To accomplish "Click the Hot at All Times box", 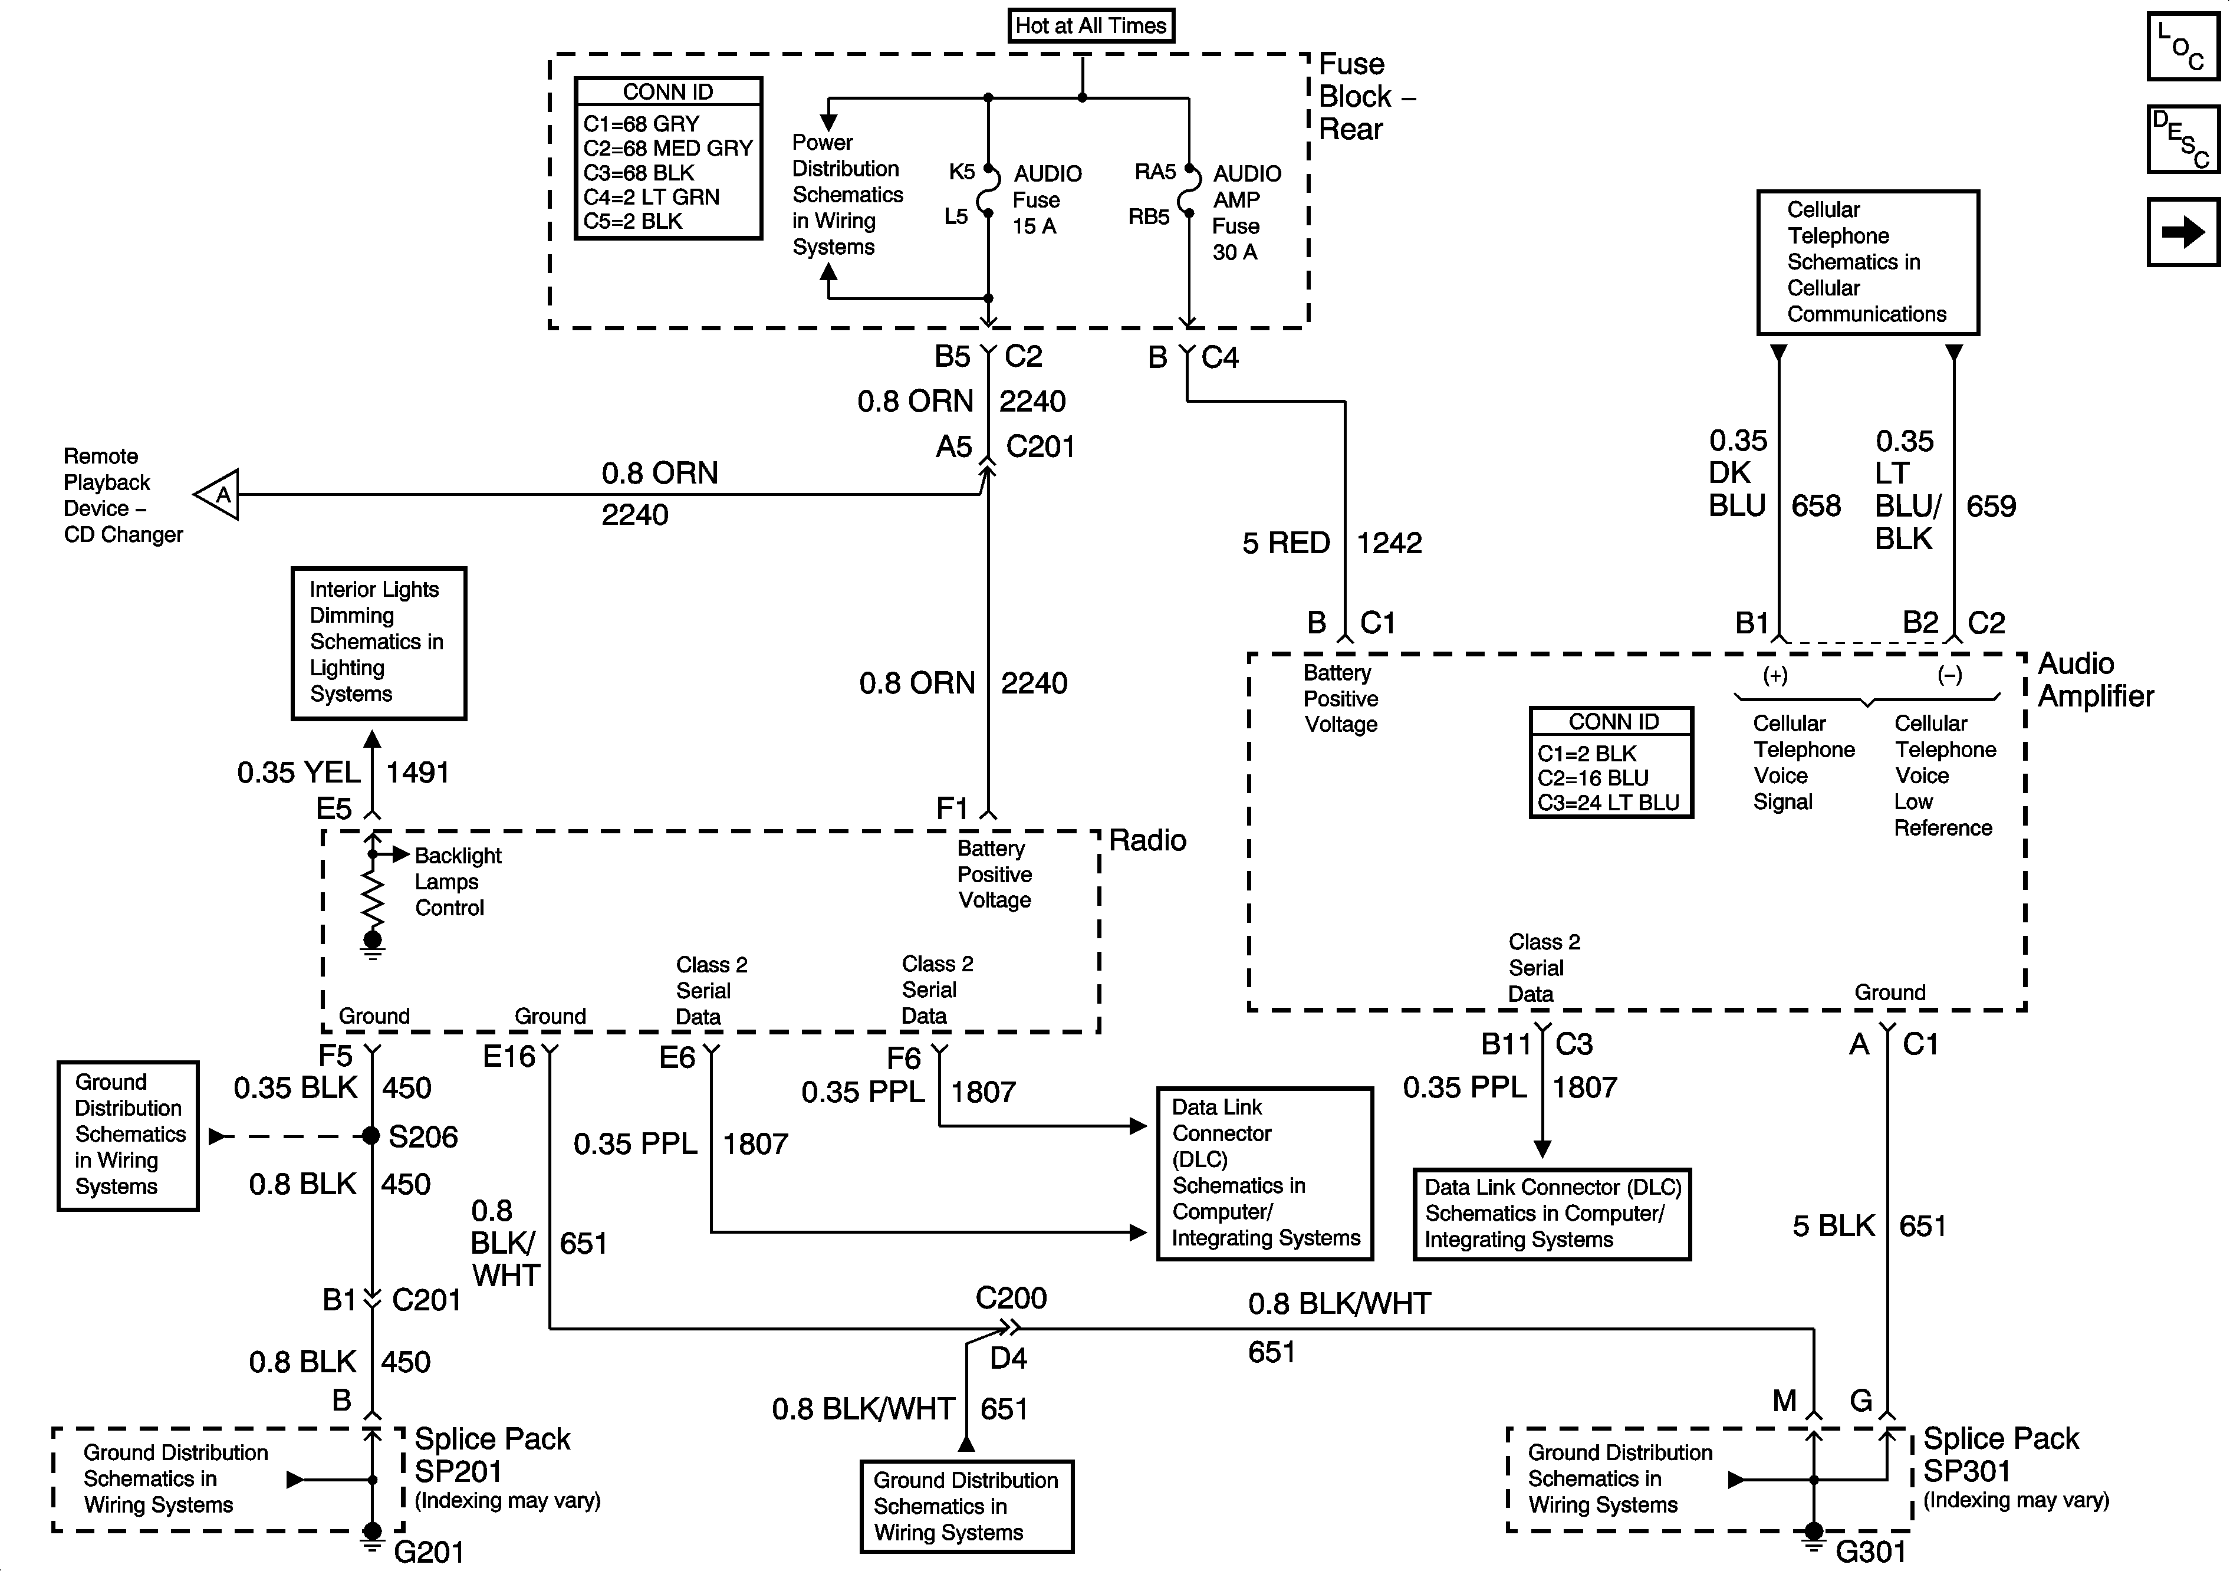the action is click(1091, 25).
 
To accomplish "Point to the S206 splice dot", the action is click(371, 1136).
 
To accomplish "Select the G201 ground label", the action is click(428, 1552).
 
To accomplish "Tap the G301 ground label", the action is click(1872, 1552).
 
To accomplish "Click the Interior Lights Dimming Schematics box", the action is click(379, 643).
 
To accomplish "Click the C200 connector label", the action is click(1011, 1298).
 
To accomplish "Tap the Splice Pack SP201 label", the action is click(492, 1454).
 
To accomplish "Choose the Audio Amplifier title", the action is click(2095, 679).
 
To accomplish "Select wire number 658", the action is click(1816, 505).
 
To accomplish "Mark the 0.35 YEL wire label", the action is click(299, 773).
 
